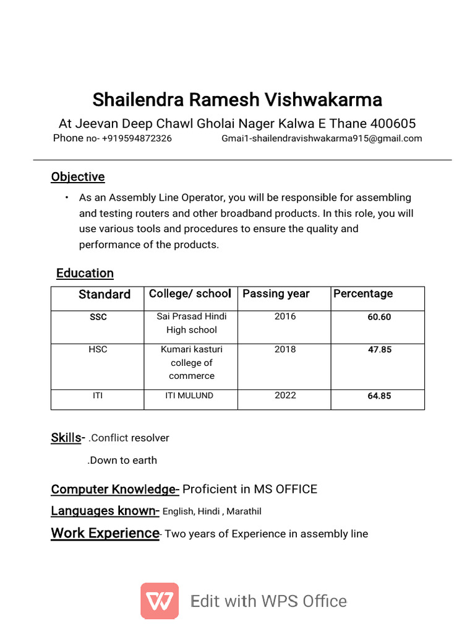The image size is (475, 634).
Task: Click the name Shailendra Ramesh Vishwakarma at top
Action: pyautogui.click(x=237, y=100)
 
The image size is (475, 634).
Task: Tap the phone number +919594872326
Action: pyautogui.click(x=137, y=139)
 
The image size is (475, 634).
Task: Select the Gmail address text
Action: pyautogui.click(x=322, y=139)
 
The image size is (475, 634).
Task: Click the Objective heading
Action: pyautogui.click(x=78, y=177)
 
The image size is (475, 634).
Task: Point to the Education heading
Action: pyautogui.click(x=85, y=273)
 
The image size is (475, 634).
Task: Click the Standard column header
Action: pyautogui.click(x=105, y=295)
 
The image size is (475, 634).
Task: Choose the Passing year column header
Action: pyautogui.click(x=276, y=294)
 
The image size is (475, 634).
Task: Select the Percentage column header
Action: pyautogui.click(x=363, y=294)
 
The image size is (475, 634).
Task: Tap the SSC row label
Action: pyautogui.click(x=98, y=317)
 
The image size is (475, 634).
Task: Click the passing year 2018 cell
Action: pyautogui.click(x=285, y=350)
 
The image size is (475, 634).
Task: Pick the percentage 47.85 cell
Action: pyautogui.click(x=379, y=350)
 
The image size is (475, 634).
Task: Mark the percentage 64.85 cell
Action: pyautogui.click(x=379, y=396)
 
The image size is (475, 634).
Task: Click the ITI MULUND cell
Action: pyautogui.click(x=189, y=396)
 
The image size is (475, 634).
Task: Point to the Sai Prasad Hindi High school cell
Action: pyautogui.click(x=191, y=323)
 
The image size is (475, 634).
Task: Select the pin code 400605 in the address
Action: pyautogui.click(x=393, y=124)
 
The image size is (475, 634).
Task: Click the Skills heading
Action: pyautogui.click(x=66, y=438)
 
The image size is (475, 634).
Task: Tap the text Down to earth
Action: pyautogui.click(x=122, y=461)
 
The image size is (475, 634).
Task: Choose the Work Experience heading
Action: pyautogui.click(x=105, y=534)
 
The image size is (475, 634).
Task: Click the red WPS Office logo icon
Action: pyautogui.click(x=160, y=601)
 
